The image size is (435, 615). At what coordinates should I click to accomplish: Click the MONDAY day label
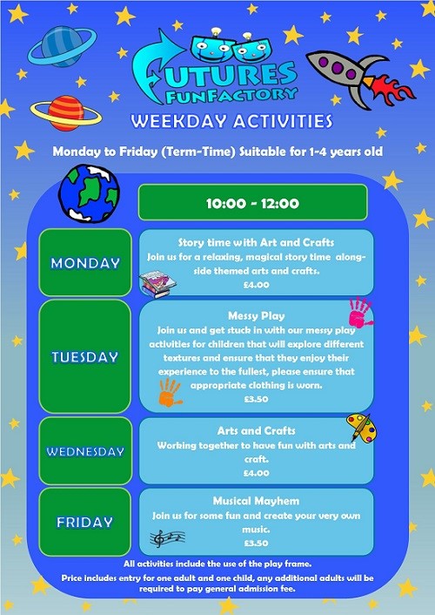85,263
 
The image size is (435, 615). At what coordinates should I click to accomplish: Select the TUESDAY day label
85,357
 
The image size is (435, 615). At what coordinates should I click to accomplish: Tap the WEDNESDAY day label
85,451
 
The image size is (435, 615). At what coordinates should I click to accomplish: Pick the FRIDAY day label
84,522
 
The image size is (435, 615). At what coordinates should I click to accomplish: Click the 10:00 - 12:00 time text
253,203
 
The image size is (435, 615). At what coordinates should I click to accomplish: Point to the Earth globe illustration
89,193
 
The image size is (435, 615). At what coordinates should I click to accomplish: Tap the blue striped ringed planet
62,46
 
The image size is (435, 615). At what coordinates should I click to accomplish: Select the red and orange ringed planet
66,113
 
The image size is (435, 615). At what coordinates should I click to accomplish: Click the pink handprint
360,313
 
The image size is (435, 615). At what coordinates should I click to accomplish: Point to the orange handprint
170,393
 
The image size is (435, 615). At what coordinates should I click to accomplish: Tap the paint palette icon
361,429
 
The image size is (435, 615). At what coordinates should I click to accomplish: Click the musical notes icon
167,538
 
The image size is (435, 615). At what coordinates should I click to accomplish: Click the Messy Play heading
257,316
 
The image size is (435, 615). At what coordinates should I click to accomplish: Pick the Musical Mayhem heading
257,501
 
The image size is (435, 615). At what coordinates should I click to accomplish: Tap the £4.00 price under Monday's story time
257,285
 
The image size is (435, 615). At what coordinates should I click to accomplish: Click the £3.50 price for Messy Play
257,399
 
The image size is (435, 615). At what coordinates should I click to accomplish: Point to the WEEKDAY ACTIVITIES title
231,121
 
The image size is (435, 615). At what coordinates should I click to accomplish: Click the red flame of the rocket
391,90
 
